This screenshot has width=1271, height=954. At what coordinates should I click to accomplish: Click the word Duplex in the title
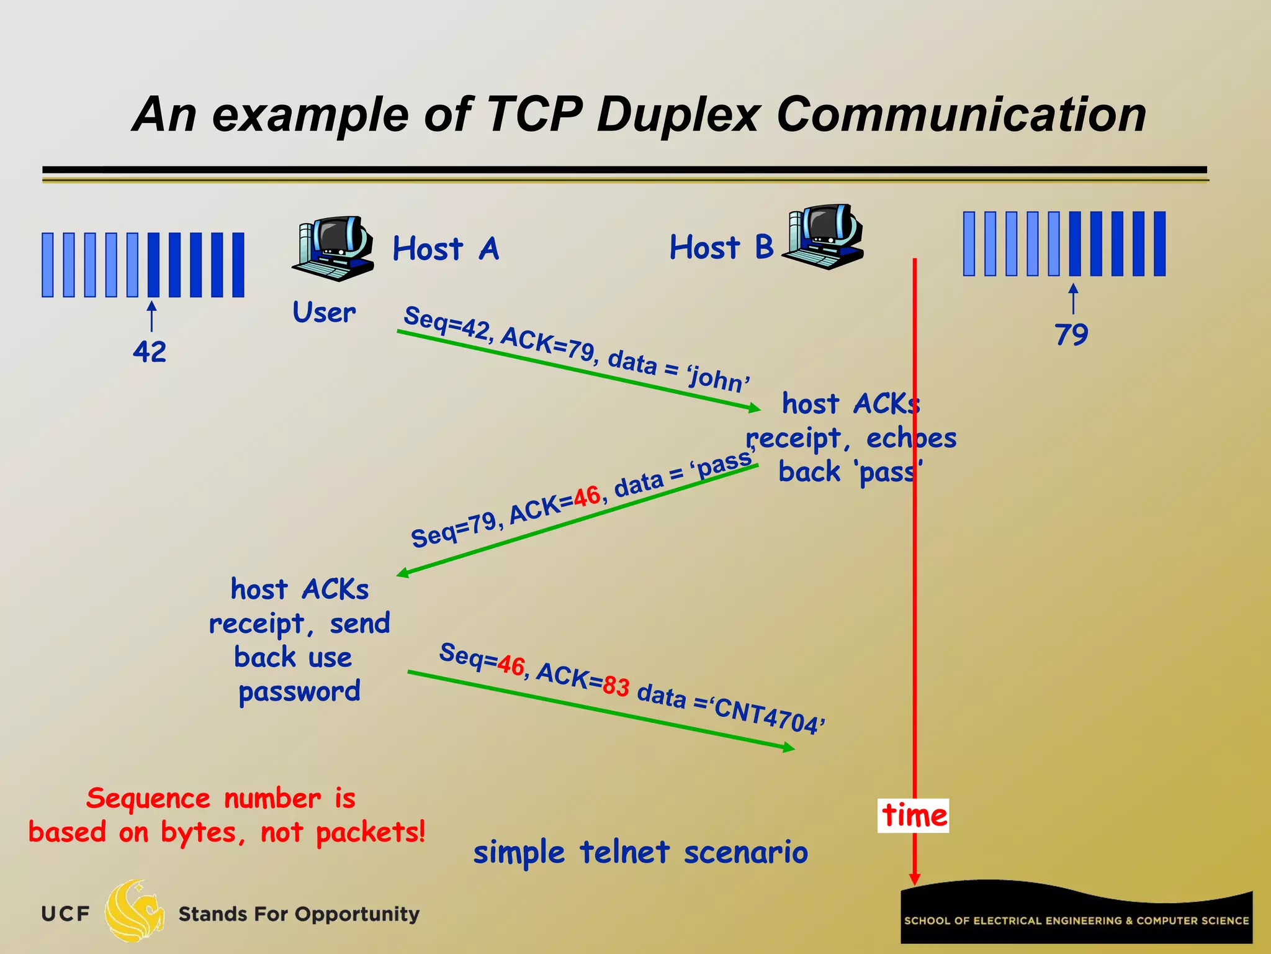pos(678,116)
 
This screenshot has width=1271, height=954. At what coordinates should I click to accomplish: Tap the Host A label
pos(446,249)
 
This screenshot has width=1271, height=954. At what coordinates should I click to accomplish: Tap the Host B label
pos(721,247)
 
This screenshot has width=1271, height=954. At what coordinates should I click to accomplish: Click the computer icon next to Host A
pos(333,248)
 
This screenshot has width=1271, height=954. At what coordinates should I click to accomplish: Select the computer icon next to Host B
pos(823,236)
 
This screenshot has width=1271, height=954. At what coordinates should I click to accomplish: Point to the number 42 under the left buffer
pos(150,352)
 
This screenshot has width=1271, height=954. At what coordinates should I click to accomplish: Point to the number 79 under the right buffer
pos(1071,335)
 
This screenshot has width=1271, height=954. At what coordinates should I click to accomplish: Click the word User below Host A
pos(324,312)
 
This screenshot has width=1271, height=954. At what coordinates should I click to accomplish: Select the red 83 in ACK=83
pos(616,686)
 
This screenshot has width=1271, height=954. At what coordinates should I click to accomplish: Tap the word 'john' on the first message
pos(719,377)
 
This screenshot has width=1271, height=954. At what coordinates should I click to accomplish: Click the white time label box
pos(914,815)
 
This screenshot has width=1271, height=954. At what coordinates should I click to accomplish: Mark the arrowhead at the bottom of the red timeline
pos(914,878)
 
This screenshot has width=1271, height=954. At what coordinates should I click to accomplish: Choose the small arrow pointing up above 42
pos(151,316)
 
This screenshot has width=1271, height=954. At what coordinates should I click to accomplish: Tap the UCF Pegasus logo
pos(133,911)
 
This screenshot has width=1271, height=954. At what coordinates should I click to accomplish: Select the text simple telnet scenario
pos(640,852)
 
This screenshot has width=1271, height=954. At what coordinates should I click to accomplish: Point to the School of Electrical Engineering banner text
pos(1076,920)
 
